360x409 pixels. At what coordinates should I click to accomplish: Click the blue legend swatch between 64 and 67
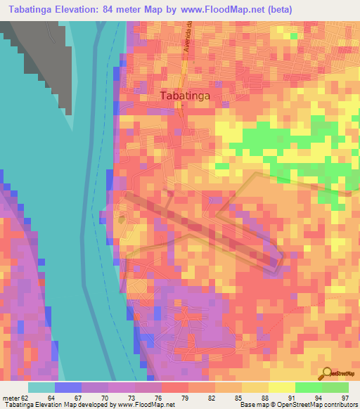click(67, 388)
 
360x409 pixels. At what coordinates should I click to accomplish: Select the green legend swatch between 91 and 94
click(308, 388)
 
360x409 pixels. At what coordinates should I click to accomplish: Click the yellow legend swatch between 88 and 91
click(281, 388)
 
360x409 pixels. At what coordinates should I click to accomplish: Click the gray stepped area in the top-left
click(42, 56)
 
